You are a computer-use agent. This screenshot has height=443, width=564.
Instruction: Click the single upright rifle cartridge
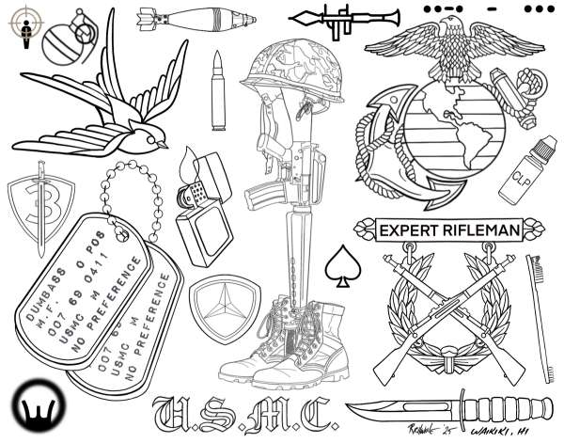pyautogui.click(x=218, y=91)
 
